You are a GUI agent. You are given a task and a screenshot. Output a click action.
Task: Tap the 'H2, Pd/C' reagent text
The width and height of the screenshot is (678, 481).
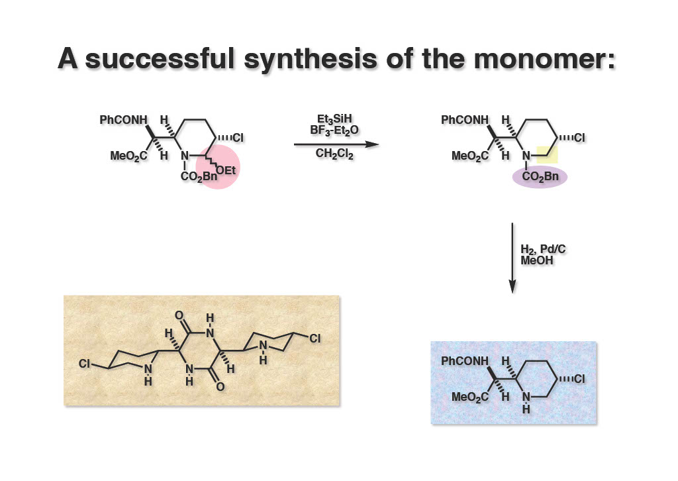pyautogui.click(x=544, y=249)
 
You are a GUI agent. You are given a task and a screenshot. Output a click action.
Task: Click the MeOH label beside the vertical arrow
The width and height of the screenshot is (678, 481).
pyautogui.click(x=537, y=260)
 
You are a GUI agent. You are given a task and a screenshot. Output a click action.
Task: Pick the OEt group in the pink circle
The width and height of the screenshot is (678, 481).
pyautogui.click(x=226, y=171)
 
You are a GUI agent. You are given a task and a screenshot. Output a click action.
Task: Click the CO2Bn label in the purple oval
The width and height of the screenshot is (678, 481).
pyautogui.click(x=540, y=177)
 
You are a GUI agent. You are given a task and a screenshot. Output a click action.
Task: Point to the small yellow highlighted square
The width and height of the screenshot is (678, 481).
pyautogui.click(x=547, y=155)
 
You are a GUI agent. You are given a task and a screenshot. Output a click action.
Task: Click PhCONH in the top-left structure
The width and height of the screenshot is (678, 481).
pyautogui.click(x=124, y=121)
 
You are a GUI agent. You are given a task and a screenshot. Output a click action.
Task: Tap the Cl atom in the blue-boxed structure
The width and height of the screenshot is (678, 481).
pyautogui.click(x=579, y=379)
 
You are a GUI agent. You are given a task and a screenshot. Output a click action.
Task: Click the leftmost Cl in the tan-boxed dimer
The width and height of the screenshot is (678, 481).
pyautogui.click(x=84, y=364)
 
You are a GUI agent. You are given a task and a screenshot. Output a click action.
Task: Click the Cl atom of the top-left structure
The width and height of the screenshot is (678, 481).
pyautogui.click(x=238, y=138)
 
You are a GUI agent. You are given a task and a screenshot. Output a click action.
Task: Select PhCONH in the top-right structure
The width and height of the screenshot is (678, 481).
pyautogui.click(x=465, y=121)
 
